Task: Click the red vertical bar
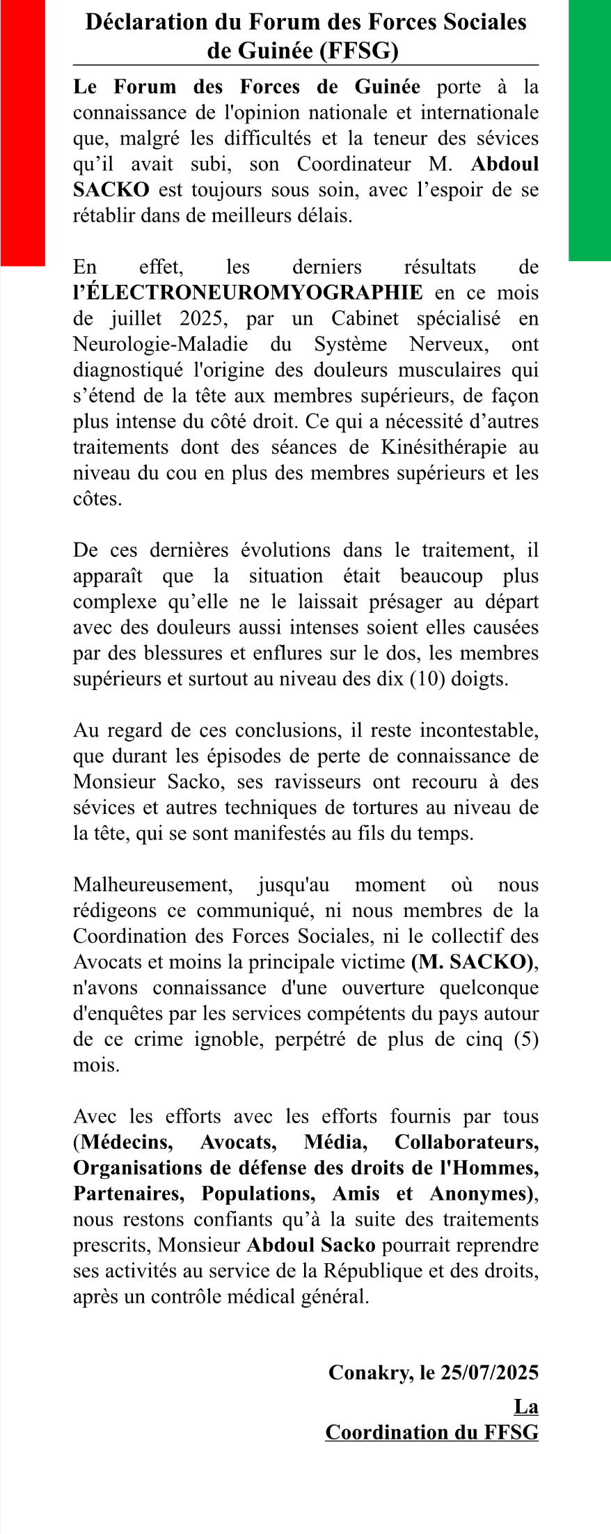22,132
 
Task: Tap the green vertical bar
589,130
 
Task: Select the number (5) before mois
526,1040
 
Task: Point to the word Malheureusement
153,885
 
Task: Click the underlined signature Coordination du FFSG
431,1433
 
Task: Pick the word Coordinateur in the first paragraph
354,164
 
